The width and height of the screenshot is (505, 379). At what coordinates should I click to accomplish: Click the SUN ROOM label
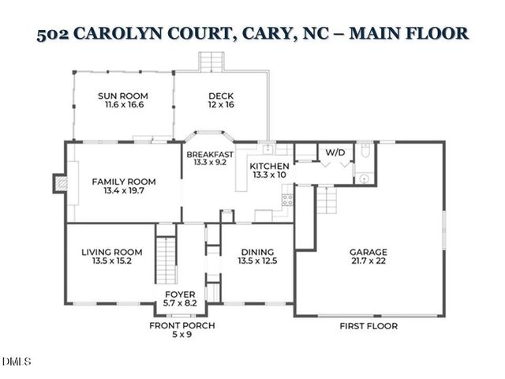tap(123, 96)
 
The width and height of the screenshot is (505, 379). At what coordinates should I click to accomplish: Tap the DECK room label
tap(221, 96)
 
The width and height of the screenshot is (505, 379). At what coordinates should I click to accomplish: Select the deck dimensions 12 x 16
tap(221, 105)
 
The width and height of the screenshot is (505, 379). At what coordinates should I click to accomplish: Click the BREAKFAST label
tap(209, 154)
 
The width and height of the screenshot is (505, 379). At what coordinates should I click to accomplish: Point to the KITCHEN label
tap(269, 167)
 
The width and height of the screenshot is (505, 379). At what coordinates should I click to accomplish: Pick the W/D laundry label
tap(335, 150)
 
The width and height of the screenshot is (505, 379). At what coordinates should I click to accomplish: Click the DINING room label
tap(258, 252)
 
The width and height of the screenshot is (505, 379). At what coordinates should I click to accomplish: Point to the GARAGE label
tap(368, 253)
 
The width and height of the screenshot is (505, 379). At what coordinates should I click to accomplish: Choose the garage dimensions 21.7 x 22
tap(368, 262)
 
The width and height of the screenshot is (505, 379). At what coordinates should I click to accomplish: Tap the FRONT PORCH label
tap(182, 325)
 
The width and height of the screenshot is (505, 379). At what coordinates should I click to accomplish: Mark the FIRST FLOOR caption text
tap(368, 325)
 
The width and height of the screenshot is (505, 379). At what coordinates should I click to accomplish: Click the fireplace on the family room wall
tap(58, 183)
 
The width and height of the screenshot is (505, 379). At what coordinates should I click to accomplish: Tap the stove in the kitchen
tap(288, 199)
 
